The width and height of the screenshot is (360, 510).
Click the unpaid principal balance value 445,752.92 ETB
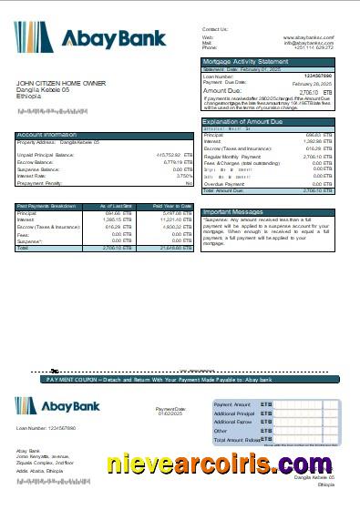pyautogui.click(x=169, y=156)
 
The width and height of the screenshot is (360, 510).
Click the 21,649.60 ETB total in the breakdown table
pyautogui.click(x=172, y=248)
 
